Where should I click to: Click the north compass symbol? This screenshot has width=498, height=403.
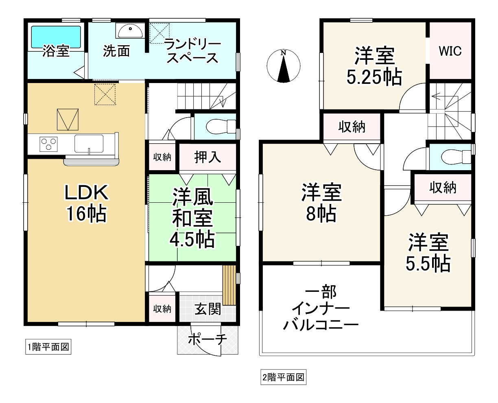[x=283, y=66]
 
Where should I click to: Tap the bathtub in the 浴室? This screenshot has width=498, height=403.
[x=56, y=37]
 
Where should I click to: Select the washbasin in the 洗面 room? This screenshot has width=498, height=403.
[x=130, y=31]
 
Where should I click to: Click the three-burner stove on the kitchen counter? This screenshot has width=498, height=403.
[x=49, y=144]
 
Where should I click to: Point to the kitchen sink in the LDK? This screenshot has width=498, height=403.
[x=89, y=144]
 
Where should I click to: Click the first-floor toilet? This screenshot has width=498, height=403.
[x=221, y=127]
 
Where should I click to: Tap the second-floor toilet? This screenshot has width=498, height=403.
[x=456, y=157]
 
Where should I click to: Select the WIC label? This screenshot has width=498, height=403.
[x=450, y=51]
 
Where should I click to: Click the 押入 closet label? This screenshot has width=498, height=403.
[x=207, y=157]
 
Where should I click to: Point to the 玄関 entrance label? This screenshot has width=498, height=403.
[x=208, y=309]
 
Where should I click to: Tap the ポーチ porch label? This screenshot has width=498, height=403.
[x=207, y=339]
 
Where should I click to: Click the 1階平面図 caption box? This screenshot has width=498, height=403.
[x=48, y=347]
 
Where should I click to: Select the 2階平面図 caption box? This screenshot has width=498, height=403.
[x=283, y=377]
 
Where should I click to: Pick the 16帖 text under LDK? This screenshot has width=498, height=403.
[x=87, y=214]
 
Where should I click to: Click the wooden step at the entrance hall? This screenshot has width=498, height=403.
[x=229, y=285]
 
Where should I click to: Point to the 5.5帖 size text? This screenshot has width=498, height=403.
[x=428, y=263]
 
